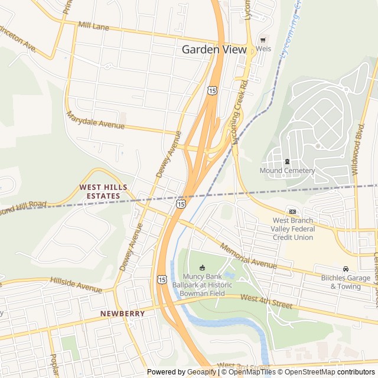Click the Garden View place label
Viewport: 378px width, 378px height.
pos(213,50)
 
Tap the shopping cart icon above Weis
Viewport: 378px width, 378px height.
pos(263,40)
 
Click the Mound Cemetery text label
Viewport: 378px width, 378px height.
pos(287,171)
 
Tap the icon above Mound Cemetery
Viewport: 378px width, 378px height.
pos(287,161)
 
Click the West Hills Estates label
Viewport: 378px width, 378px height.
pos(103,191)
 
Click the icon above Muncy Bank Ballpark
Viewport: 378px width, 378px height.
pos(202,267)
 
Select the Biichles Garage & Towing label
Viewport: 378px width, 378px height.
pos(346,282)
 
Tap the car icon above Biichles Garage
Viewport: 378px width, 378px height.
pos(346,269)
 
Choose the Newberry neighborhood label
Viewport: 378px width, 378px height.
pos(122,313)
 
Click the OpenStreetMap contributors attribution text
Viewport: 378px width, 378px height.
pos(327,372)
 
